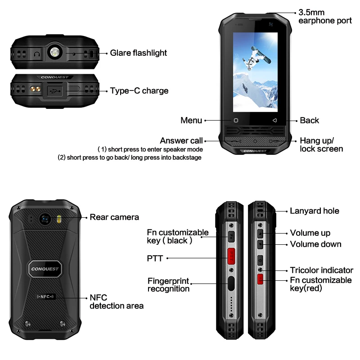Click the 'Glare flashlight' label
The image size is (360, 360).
[139, 53]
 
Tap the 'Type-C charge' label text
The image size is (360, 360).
[139, 91]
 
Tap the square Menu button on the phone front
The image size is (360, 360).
[235, 121]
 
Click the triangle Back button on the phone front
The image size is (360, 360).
[274, 121]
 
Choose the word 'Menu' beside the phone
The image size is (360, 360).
[191, 121]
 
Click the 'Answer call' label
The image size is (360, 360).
[181, 141]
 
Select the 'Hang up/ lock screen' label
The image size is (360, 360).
[321, 144]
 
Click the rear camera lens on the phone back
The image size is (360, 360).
[45, 219]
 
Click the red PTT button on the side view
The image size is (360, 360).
[230, 256]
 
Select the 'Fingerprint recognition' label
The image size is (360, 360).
[169, 285]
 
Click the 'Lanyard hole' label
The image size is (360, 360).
[315, 211]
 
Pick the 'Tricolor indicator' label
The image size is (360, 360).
[321, 270]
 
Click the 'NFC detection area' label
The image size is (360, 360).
[117, 301]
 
